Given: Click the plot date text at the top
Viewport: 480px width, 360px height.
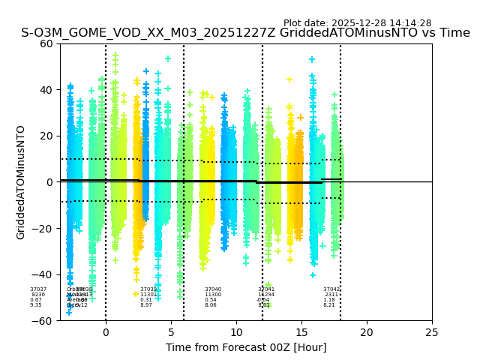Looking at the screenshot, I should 357,23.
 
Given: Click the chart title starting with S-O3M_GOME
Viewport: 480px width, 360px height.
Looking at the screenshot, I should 245,33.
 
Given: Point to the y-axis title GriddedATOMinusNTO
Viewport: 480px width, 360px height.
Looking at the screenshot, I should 21,182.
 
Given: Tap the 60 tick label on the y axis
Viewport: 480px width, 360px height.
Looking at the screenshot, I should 46,43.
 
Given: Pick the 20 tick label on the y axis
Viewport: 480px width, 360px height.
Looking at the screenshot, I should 46,136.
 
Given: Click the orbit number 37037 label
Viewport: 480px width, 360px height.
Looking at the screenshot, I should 38,289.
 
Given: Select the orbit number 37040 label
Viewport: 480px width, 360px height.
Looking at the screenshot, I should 213,289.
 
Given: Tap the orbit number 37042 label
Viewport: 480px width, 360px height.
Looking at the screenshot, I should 331,289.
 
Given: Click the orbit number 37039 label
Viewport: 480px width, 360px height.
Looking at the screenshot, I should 148,289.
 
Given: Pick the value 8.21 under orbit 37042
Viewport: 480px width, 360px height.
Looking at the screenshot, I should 329,305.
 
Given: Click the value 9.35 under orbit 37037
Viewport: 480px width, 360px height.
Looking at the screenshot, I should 36,305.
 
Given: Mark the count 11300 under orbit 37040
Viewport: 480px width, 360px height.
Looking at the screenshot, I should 213,295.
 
